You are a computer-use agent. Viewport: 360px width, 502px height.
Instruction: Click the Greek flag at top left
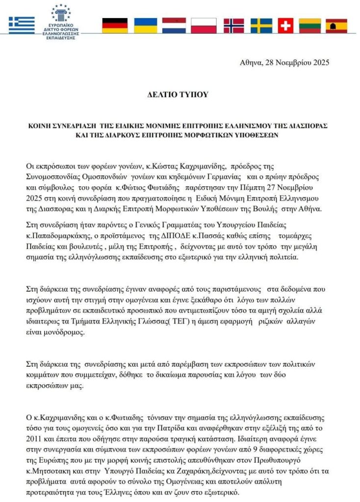(x=22, y=25)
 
